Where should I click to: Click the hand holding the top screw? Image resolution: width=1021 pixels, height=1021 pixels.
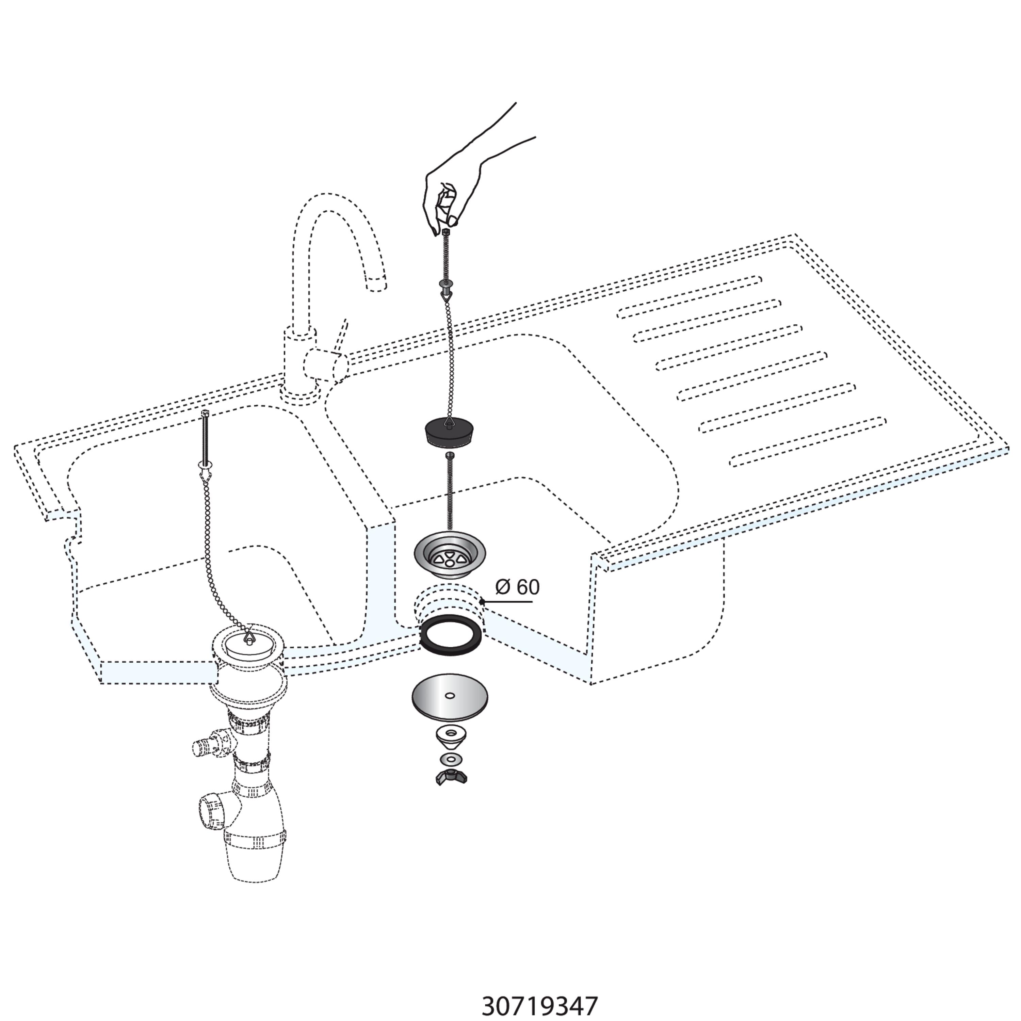[x=465, y=180]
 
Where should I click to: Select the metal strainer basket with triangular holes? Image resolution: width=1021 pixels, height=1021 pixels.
[x=450, y=554]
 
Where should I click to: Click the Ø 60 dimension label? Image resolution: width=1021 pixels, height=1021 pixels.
[x=517, y=587]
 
